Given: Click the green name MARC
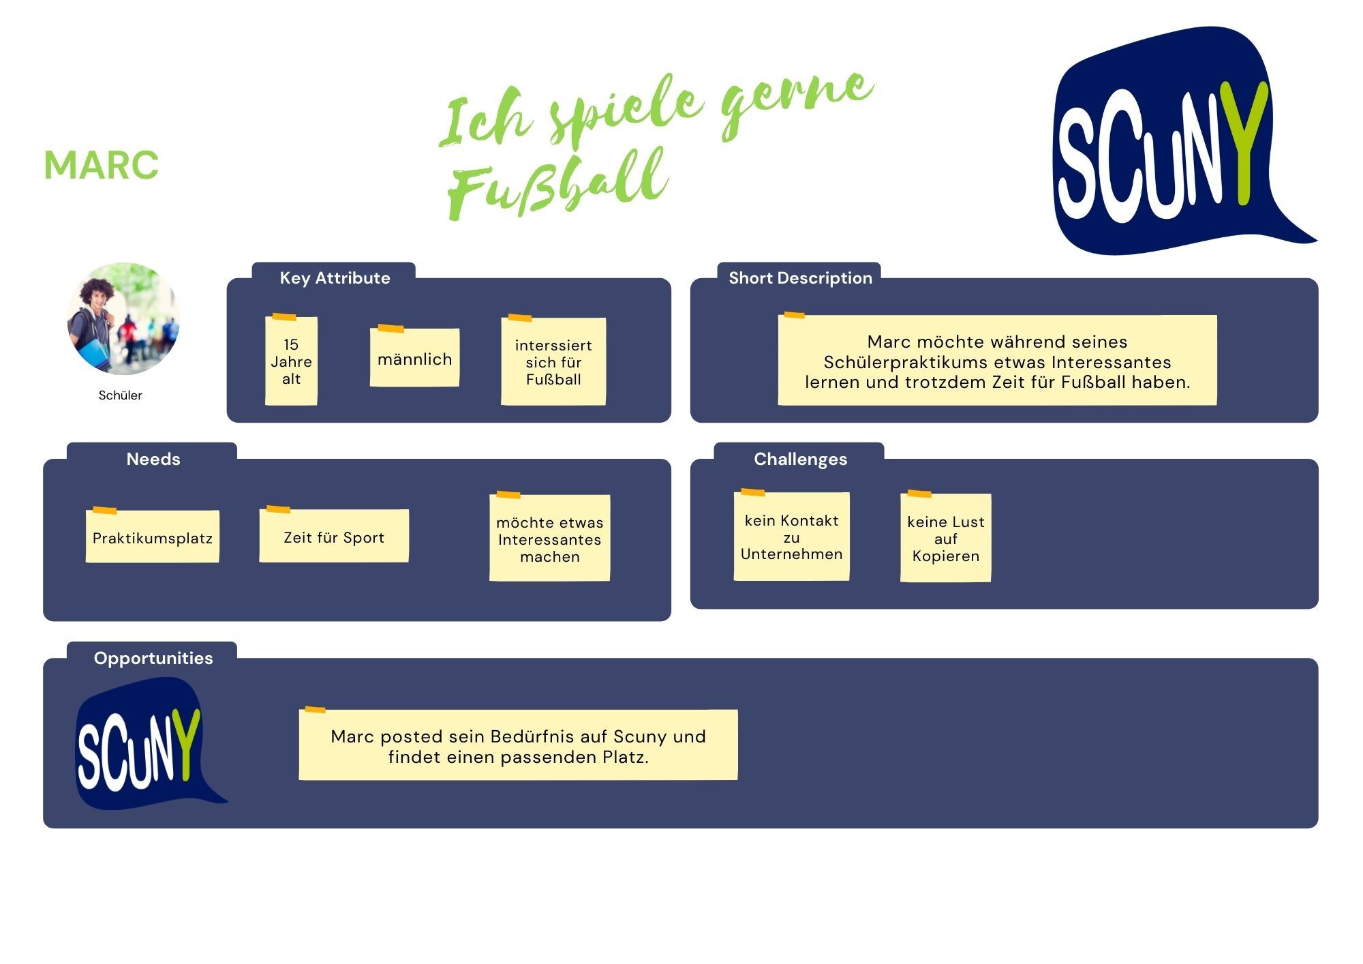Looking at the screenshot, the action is point(102,165).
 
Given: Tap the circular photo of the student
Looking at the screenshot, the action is point(123,318).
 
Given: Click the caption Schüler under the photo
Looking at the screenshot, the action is point(121,395).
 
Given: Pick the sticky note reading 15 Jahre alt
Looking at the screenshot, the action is point(291,361).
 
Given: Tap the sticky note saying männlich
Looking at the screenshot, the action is point(414,359).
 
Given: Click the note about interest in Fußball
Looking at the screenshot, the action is point(553,362).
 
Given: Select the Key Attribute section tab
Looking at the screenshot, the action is point(335,277).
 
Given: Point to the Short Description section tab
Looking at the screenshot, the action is point(800,277).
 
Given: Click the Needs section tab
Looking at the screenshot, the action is point(153,459).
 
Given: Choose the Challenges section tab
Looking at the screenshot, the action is point(800,459).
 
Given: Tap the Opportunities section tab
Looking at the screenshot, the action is point(153,658).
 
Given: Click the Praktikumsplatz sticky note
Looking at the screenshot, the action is point(153,537).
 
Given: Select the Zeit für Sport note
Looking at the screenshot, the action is point(334,537).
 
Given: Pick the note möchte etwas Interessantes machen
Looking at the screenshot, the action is point(550,539).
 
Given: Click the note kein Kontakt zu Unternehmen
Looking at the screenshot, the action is point(791,537).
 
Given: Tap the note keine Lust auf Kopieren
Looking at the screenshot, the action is point(946,539).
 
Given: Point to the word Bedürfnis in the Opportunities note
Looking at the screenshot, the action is point(532,736).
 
